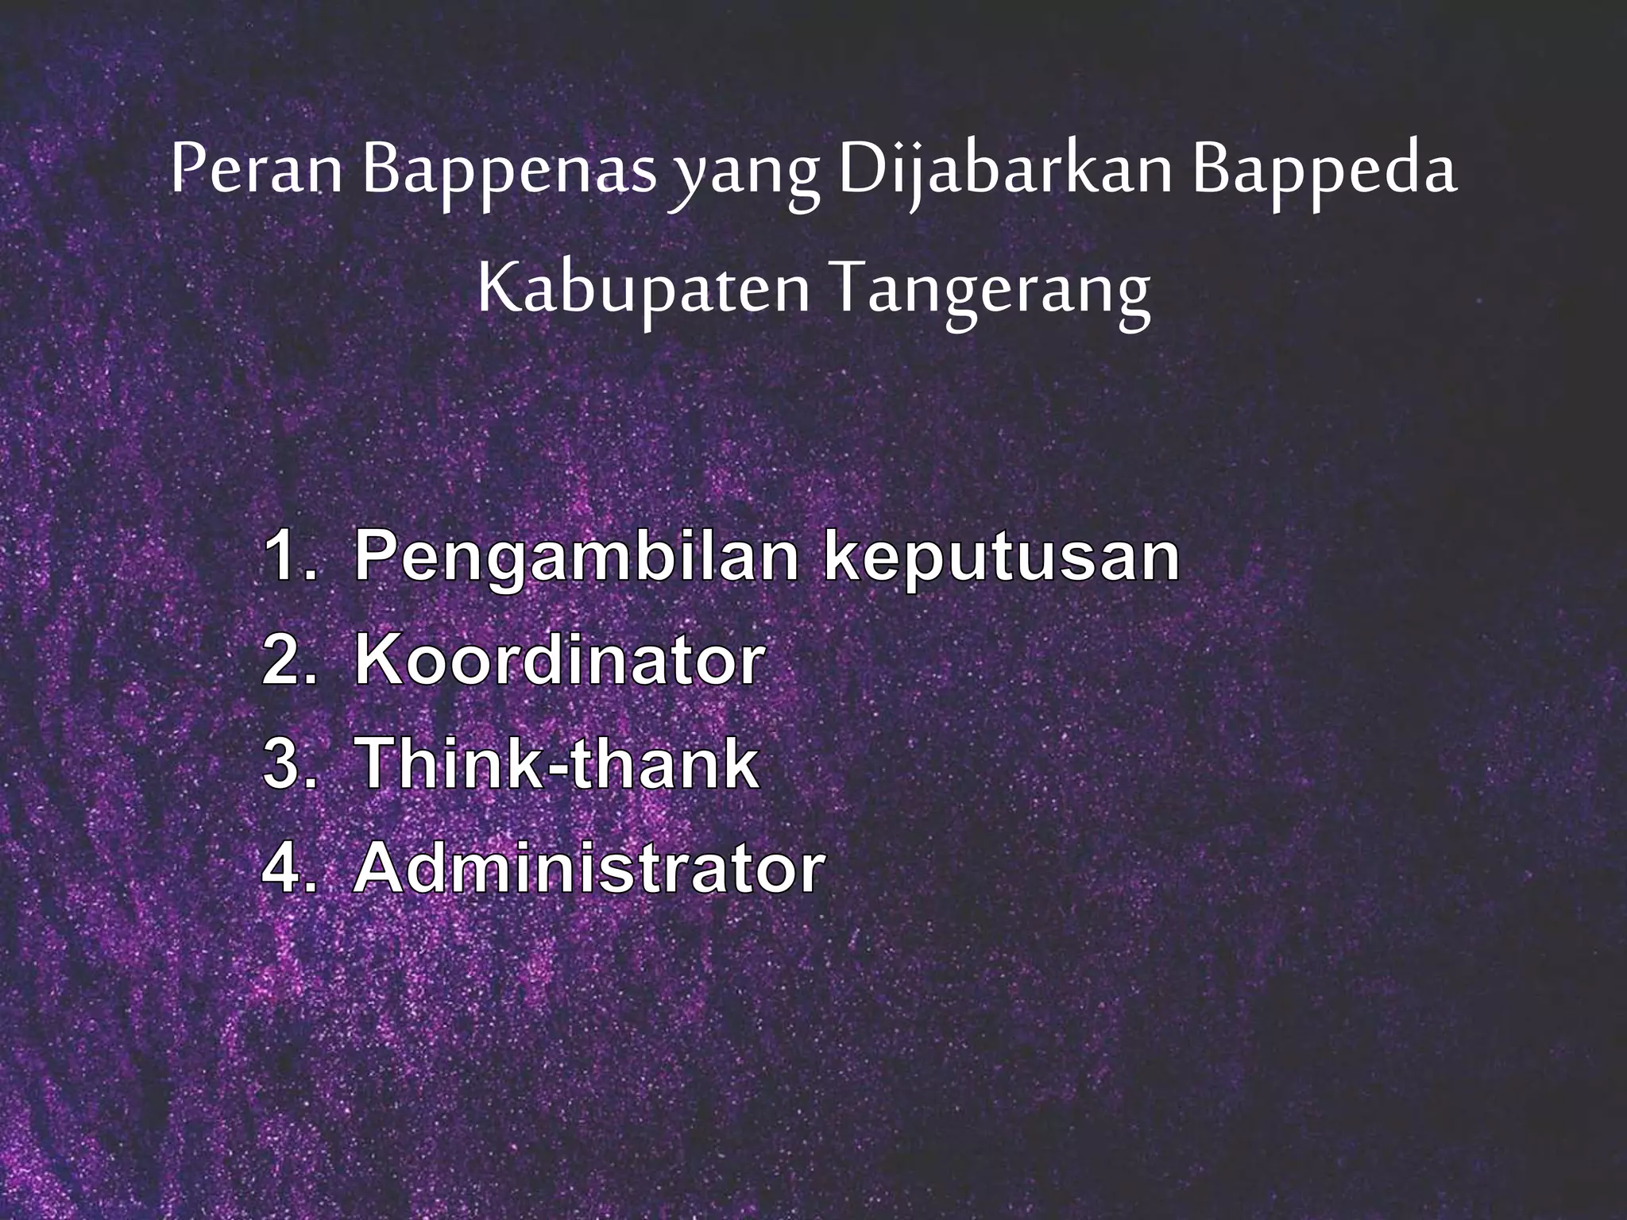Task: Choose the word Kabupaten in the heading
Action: (x=643, y=291)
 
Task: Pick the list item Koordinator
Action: (x=559, y=661)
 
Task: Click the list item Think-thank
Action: (x=556, y=765)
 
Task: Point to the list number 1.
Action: (x=286, y=556)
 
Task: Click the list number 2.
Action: (x=286, y=661)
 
